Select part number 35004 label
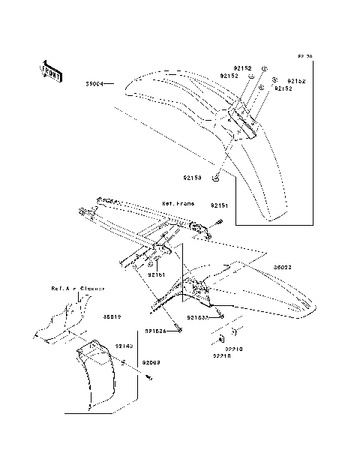pyautogui.click(x=94, y=84)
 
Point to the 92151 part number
pyautogui.click(x=218, y=205)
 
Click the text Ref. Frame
pyautogui.click(x=178, y=203)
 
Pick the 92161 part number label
pyautogui.click(x=156, y=275)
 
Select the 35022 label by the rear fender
pyautogui.click(x=282, y=267)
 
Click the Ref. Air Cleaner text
pyautogui.click(x=77, y=288)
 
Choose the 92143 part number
pyautogui.click(x=124, y=346)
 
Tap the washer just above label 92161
pyautogui.click(x=151, y=264)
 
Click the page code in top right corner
pyautogui.click(x=304, y=57)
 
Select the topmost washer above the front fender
pyautogui.click(x=264, y=68)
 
